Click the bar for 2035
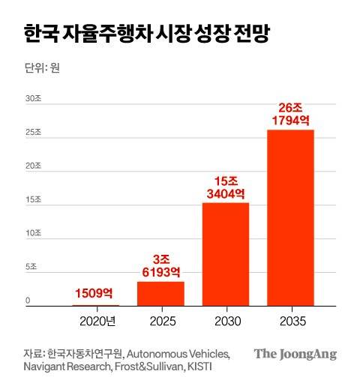click(x=290, y=217)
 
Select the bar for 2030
click(x=226, y=254)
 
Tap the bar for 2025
click(x=160, y=293)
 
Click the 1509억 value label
click(x=95, y=295)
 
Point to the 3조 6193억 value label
click(x=160, y=264)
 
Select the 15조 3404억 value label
click(x=226, y=187)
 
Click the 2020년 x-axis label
click(x=97, y=322)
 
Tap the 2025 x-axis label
click(x=160, y=322)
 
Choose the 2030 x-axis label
click(x=226, y=322)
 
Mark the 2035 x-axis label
click(x=290, y=322)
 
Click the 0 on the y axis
click(x=28, y=301)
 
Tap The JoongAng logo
click(x=295, y=355)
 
